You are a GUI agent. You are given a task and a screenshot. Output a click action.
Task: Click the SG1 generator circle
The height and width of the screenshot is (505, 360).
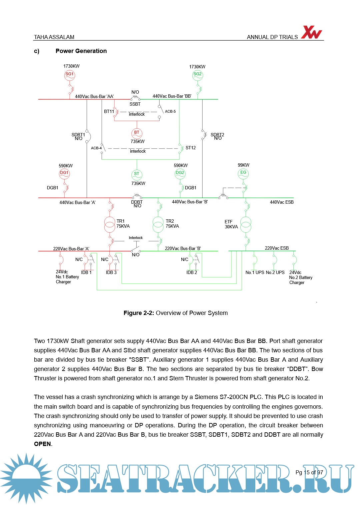click(70, 75)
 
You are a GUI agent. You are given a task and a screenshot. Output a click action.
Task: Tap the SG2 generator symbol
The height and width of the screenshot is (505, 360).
click(198, 75)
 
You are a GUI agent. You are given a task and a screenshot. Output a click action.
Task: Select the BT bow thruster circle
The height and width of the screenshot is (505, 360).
click(137, 133)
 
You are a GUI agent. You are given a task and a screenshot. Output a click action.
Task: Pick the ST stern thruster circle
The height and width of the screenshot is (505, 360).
click(137, 175)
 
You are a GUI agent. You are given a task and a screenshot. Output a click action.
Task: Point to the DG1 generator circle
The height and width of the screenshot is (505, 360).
click(64, 174)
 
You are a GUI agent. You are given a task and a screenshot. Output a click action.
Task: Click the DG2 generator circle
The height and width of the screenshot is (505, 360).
click(180, 174)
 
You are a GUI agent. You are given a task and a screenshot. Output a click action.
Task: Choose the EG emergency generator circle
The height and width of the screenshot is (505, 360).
click(243, 173)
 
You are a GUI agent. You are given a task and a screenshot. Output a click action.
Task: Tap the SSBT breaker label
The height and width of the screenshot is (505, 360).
click(135, 104)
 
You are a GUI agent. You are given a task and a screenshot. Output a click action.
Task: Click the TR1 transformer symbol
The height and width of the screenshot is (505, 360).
click(110, 224)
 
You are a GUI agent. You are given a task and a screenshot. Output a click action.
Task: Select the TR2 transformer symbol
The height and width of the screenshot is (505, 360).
click(158, 224)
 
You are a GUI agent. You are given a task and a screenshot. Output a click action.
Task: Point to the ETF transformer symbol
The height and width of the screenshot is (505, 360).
click(246, 224)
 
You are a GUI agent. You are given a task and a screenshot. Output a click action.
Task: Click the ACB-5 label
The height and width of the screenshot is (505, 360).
click(170, 111)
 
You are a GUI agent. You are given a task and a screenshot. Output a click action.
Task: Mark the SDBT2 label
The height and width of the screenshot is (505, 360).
click(217, 135)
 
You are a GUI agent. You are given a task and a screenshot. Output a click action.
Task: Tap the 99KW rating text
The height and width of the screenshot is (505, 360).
click(244, 165)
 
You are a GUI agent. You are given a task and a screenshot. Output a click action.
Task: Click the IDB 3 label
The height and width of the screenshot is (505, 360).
click(111, 272)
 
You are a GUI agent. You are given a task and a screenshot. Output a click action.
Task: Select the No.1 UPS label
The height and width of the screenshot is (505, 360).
click(255, 272)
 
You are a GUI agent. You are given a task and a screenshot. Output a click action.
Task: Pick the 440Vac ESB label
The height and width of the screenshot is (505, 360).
click(282, 202)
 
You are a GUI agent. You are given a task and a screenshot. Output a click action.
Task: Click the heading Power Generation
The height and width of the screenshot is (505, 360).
click(81, 51)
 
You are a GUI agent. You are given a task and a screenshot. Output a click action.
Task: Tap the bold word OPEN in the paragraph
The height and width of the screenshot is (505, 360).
click(42, 444)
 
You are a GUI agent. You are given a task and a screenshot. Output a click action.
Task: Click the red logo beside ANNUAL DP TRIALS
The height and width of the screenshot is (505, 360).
click(311, 32)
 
